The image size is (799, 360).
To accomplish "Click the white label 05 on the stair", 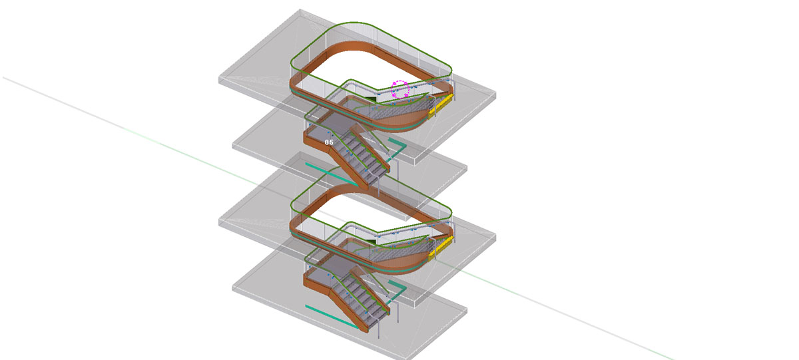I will [x=329, y=142].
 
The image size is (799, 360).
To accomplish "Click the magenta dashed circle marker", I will [x=400, y=89].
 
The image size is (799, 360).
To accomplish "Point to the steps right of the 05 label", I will [x=364, y=157].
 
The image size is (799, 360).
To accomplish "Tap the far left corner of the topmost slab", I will [x=220, y=79].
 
